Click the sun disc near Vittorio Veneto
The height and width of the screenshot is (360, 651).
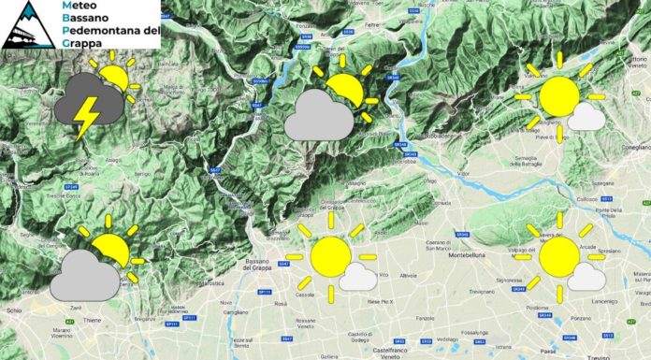[x=560, y=96]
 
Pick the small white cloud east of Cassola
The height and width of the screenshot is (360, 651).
[x=357, y=275]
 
